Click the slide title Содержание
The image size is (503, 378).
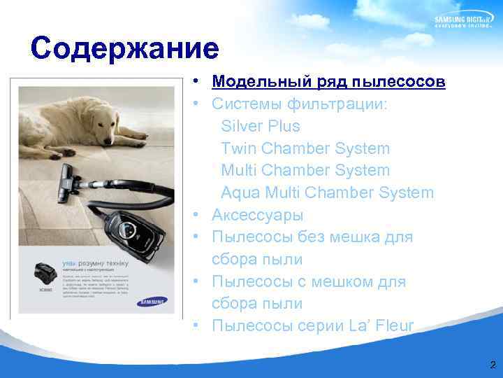pos(125,49)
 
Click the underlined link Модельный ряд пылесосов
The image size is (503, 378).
pos(328,82)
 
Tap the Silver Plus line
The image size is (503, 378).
pos(260,127)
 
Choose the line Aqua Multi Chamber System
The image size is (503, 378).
pos(327,192)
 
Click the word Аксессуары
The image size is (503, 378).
pos(257,215)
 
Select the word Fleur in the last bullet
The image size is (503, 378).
pos(394,326)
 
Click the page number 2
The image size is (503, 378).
pos(493,365)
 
